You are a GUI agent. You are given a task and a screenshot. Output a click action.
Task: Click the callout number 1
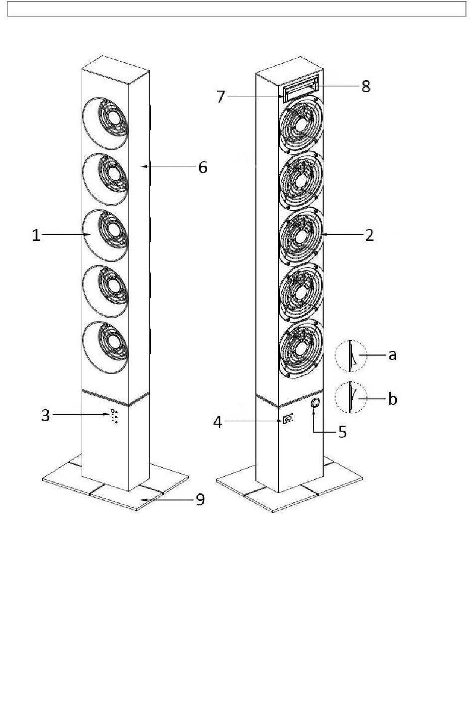pos(36,235)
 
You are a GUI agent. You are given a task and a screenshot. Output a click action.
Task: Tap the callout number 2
pos(369,235)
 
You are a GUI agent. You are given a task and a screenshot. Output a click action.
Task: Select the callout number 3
pos(46,415)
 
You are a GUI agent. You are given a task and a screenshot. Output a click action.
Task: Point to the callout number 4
pos(218,422)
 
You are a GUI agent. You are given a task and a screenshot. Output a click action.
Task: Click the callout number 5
pos(343,432)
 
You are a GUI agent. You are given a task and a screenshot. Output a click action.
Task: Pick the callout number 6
pos(203,167)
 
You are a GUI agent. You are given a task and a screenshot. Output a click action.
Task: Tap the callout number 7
pos(221,97)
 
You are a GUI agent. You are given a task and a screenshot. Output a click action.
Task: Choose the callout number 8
pos(366,86)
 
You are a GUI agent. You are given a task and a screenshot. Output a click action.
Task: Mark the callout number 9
pos(200,499)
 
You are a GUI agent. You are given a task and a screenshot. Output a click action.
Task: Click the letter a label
pos(392,355)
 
